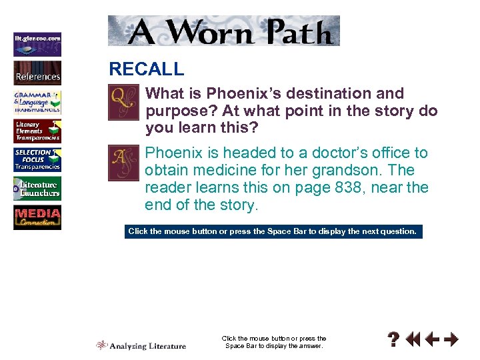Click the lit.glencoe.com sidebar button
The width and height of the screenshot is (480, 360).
click(x=37, y=44)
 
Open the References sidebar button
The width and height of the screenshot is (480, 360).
click(x=37, y=73)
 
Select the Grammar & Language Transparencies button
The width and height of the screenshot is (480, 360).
click(x=37, y=102)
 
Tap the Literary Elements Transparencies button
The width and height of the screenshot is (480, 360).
click(x=37, y=131)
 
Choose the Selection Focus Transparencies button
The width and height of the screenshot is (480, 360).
click(x=37, y=159)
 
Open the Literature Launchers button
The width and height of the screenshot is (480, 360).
click(x=37, y=189)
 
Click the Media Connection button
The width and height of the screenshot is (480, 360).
click(x=37, y=218)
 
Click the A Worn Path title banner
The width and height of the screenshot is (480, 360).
click(x=224, y=31)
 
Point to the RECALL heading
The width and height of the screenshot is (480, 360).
click(x=147, y=69)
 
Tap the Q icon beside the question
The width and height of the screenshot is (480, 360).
click(x=123, y=103)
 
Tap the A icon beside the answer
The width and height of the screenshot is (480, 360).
click(x=123, y=163)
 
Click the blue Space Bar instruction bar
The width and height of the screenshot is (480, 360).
click(x=273, y=231)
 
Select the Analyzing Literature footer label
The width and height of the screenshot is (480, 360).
click(x=141, y=345)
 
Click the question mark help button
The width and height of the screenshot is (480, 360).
click(x=395, y=340)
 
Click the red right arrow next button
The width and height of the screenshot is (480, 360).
click(x=451, y=340)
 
